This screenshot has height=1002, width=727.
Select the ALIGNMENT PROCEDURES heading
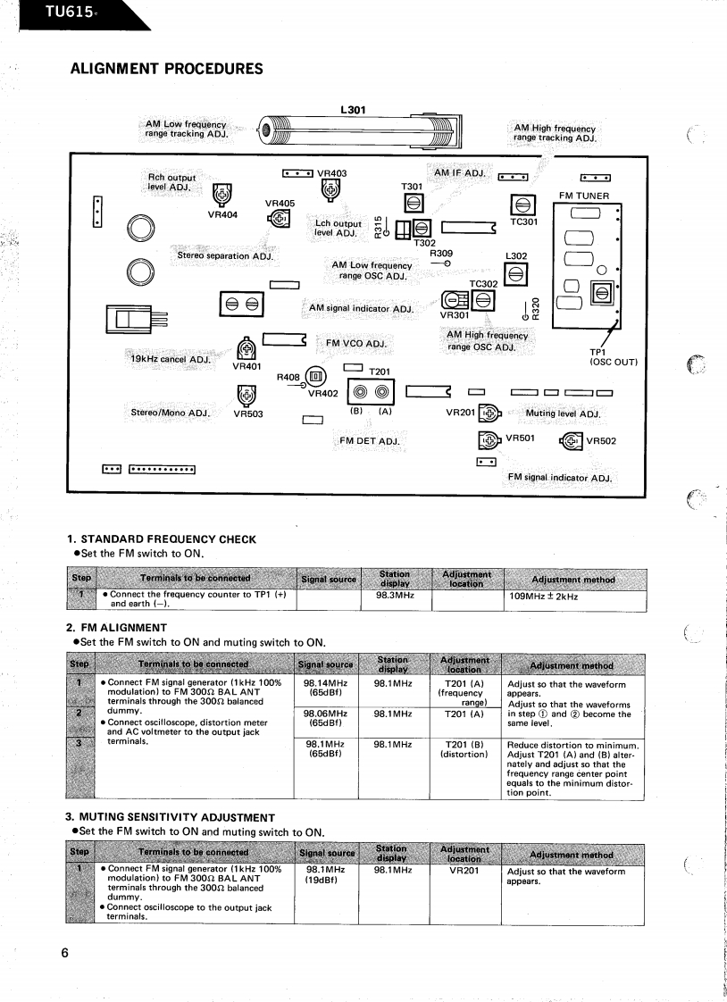pyautogui.click(x=166, y=69)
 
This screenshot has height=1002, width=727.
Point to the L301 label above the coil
pyautogui.click(x=353, y=110)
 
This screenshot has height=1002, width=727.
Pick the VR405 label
pyautogui.click(x=280, y=203)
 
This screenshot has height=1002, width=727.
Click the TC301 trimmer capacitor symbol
pyautogui.click(x=521, y=205)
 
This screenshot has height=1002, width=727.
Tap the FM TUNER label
pyautogui.click(x=584, y=196)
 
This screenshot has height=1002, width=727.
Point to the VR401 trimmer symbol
pyautogui.click(x=247, y=349)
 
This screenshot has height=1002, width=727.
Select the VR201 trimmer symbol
pyautogui.click(x=489, y=413)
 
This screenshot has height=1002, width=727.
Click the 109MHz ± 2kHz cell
pyautogui.click(x=543, y=596)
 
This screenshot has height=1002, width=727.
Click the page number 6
pyautogui.click(x=64, y=953)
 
